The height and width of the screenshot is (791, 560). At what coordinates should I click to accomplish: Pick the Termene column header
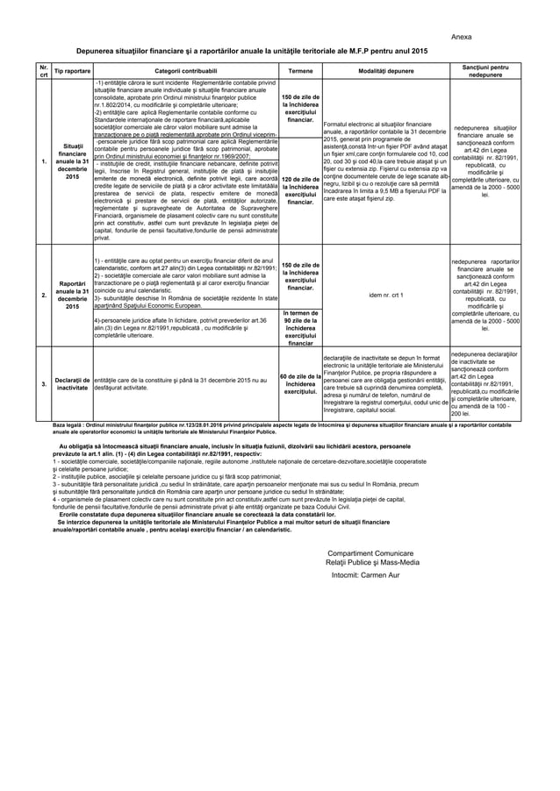pos(300,69)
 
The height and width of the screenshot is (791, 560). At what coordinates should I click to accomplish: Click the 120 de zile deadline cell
pos(300,189)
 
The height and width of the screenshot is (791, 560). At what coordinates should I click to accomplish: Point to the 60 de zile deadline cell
pos(300,383)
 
